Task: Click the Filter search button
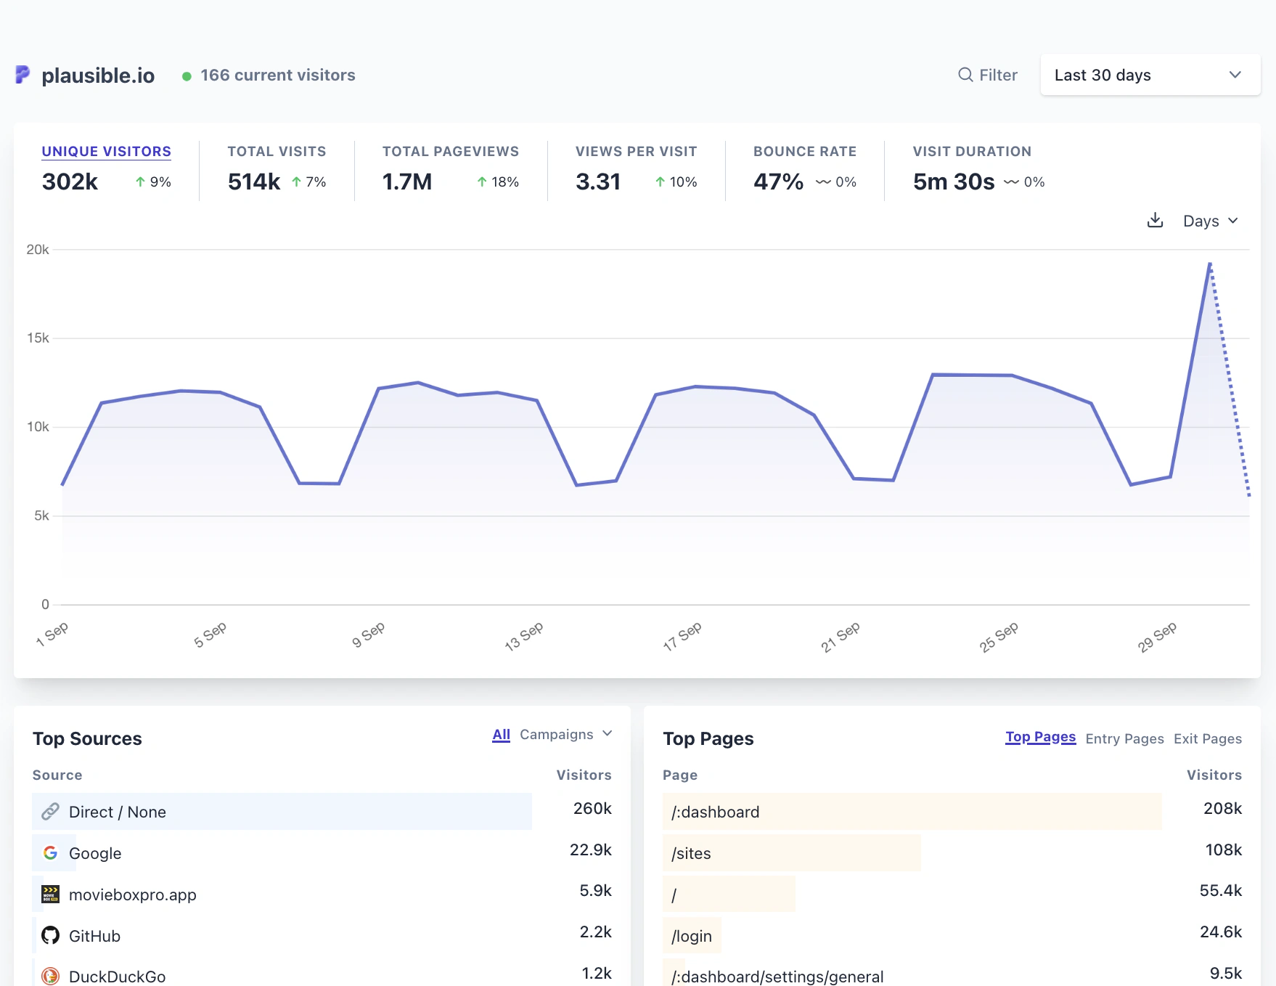(987, 75)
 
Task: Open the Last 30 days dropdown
(1149, 75)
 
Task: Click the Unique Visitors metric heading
(107, 151)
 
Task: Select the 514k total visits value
(253, 182)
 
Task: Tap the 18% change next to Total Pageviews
(498, 182)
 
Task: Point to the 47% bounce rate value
(778, 182)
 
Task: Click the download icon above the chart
(1155, 220)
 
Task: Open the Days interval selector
(1210, 221)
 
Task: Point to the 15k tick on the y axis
(38, 338)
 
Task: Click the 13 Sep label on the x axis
(524, 635)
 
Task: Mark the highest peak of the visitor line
(1210, 264)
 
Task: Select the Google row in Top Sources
(95, 853)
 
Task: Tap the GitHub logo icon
(50, 935)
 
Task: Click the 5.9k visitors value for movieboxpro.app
(595, 890)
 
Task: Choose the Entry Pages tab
(1124, 738)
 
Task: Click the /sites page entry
(691, 853)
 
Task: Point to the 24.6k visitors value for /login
(1220, 932)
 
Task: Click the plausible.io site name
(98, 75)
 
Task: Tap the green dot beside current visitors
(187, 76)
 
